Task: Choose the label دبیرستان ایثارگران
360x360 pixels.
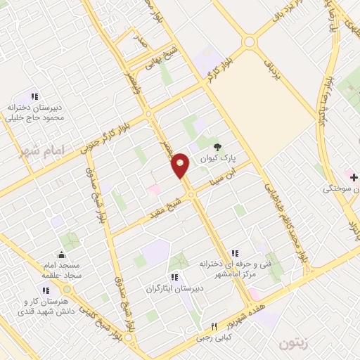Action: [174, 288]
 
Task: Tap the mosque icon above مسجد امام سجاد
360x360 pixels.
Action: [62, 255]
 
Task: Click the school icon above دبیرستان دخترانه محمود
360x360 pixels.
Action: [34, 96]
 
